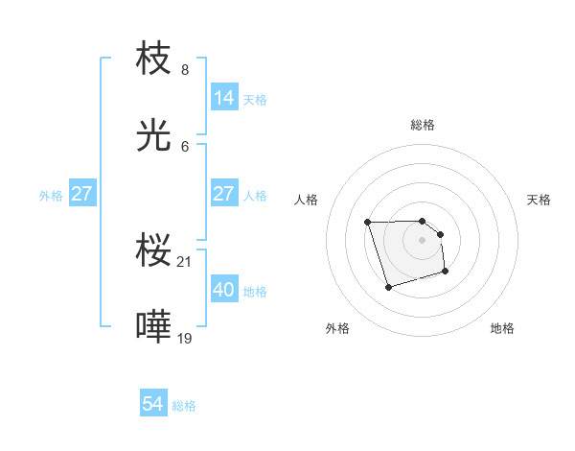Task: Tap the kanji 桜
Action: click(154, 251)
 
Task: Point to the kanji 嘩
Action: click(154, 327)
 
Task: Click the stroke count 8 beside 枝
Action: click(185, 70)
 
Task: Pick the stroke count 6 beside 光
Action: click(185, 146)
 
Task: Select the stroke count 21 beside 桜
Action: click(186, 262)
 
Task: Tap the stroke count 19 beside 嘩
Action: click(186, 338)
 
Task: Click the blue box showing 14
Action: click(224, 98)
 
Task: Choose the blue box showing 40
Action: click(224, 290)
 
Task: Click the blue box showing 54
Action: click(153, 405)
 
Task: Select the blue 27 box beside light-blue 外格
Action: click(81, 194)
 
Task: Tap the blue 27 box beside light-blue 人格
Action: click(224, 194)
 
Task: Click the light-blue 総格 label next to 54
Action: click(184, 406)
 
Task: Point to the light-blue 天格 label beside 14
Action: click(255, 99)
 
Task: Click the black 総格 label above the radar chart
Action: click(423, 125)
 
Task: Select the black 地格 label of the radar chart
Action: click(502, 328)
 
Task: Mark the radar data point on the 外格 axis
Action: click(388, 287)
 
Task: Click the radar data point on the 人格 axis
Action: click(368, 223)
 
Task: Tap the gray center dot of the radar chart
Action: click(423, 240)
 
